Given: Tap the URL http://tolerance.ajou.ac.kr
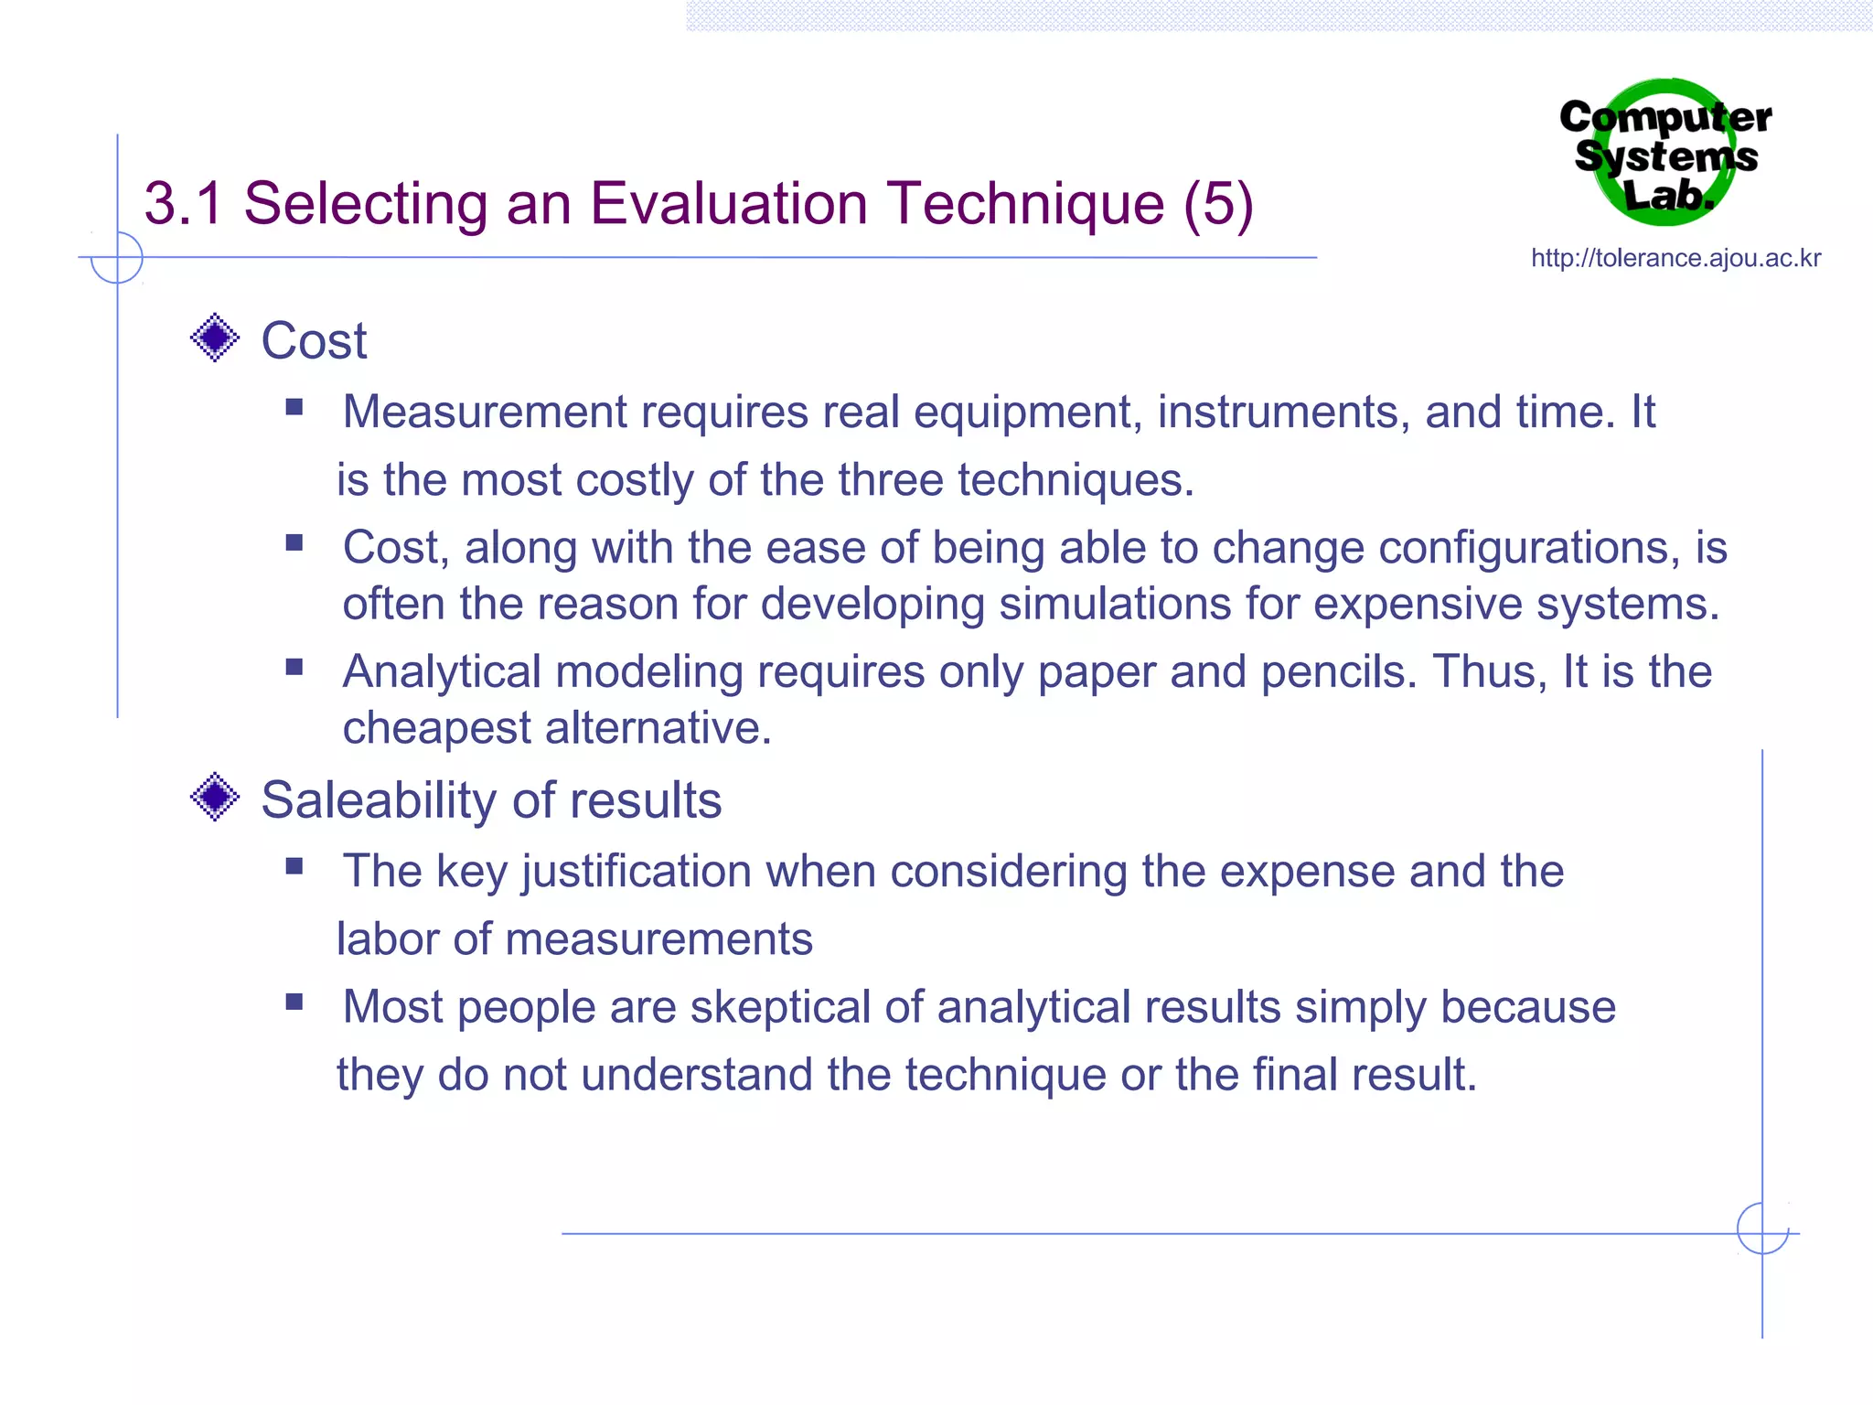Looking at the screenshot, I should tap(1675, 259).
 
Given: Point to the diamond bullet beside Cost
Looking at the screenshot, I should tap(215, 338).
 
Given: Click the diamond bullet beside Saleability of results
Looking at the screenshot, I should tap(215, 798).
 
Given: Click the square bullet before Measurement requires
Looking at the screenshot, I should tap(294, 407).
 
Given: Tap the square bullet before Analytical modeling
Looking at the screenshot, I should tap(294, 667).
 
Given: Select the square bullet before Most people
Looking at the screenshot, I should tap(294, 1002).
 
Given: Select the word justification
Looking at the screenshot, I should tap(637, 872).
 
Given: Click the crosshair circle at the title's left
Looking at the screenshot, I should tap(117, 257).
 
